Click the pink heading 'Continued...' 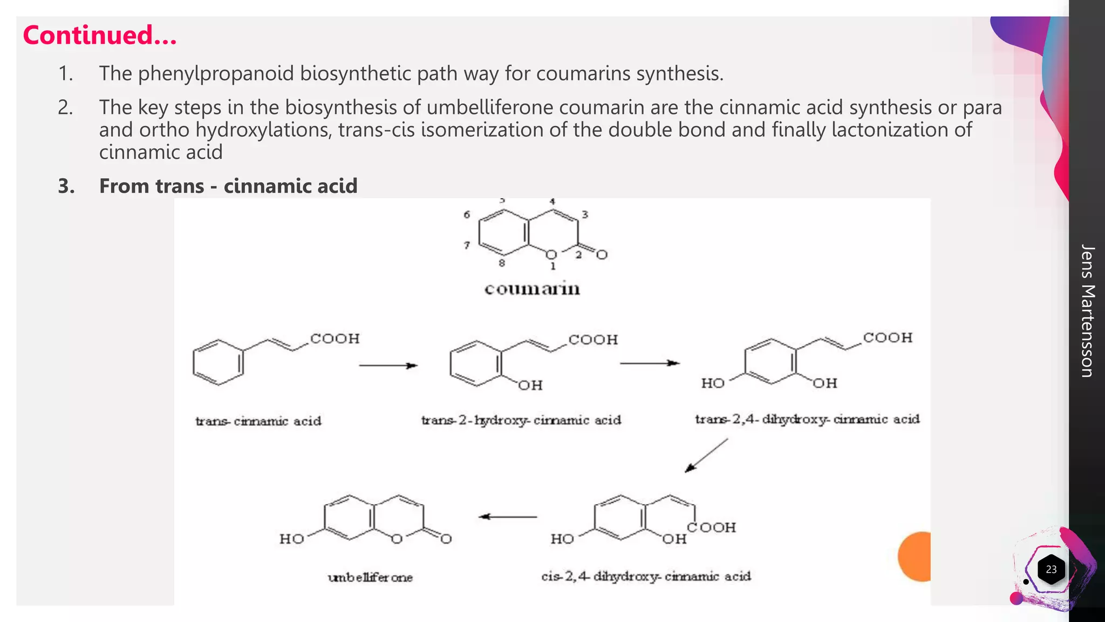(x=100, y=36)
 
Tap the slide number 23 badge (x=1051, y=569)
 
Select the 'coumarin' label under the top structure (x=532, y=289)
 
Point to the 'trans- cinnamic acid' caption (x=258, y=421)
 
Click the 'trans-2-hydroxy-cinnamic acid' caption (x=521, y=420)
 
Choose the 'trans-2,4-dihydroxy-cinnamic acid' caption (x=807, y=419)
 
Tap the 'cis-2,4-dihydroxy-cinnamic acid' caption (x=646, y=577)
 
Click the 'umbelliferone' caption (x=370, y=577)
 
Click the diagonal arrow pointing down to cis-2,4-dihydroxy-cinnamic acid (x=706, y=455)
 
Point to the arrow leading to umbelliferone (x=508, y=517)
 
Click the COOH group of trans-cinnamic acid (x=335, y=339)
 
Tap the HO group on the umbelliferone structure (x=292, y=539)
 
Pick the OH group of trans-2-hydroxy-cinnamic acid (x=530, y=385)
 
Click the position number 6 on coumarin (x=467, y=215)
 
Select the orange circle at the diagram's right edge (x=916, y=556)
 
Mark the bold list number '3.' (x=66, y=186)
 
